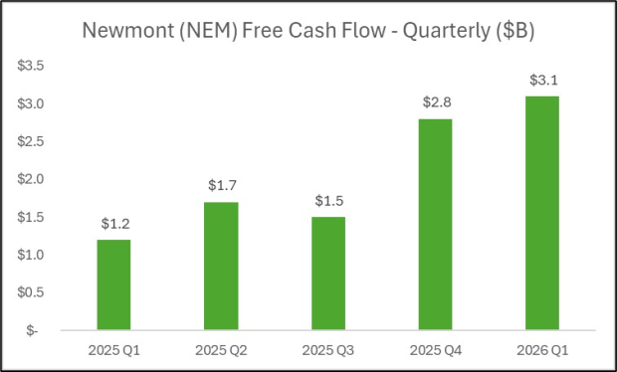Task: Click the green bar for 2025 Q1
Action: (x=112, y=283)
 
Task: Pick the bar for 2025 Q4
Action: (x=434, y=223)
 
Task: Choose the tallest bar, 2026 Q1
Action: (x=541, y=212)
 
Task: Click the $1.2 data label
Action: (x=112, y=225)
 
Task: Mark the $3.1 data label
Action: (x=541, y=81)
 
